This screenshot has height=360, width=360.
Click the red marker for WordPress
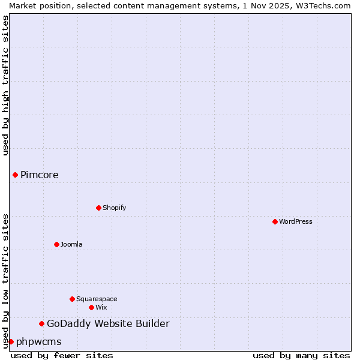tap(275, 221)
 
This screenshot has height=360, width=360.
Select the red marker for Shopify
tap(98, 208)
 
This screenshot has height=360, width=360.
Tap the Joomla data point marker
tap(56, 244)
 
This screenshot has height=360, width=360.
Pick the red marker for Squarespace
tap(72, 299)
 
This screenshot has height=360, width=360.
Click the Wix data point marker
tap(91, 307)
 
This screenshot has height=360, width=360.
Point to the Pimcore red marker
tap(15, 175)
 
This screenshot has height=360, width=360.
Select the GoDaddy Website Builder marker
tap(41, 324)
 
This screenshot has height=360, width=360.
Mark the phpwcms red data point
tap(11, 341)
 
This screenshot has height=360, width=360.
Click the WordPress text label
tap(296, 221)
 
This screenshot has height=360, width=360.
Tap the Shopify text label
tap(114, 208)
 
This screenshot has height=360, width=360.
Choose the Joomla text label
tap(71, 244)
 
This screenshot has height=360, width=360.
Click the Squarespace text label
tap(97, 299)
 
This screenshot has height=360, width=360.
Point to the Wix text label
tap(101, 307)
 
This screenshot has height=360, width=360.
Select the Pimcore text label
tap(40, 175)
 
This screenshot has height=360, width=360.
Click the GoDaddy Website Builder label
tap(108, 324)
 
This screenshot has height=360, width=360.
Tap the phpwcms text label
tap(39, 341)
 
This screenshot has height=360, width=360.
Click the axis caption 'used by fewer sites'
tap(62, 355)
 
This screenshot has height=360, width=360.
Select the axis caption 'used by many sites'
tap(301, 355)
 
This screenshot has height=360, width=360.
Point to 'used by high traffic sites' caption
tap(5, 85)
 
